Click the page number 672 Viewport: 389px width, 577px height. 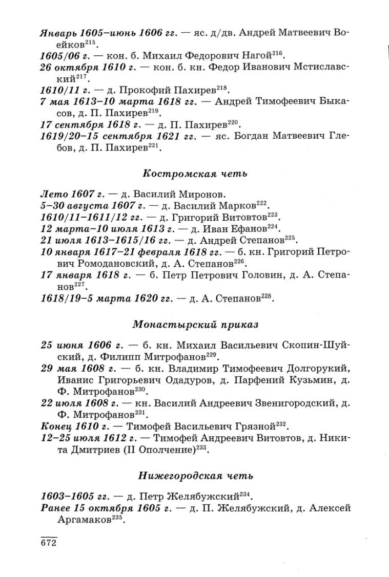click(48, 543)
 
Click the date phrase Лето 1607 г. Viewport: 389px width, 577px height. click(72, 194)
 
